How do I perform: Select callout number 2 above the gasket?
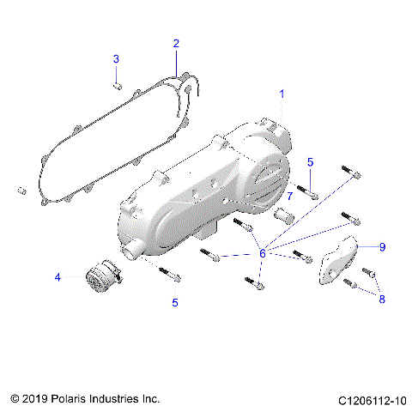175,43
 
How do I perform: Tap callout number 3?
117,58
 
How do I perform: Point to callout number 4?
58,276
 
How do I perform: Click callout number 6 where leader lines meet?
263,252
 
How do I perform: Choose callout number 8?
381,299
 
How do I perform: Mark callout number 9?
381,246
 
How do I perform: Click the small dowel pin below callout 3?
119,85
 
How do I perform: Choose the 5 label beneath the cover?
175,302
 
